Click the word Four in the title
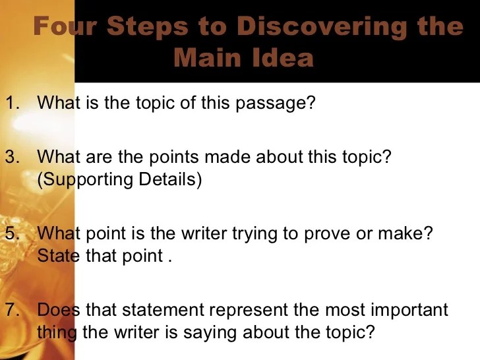click(65, 26)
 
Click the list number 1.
click(13, 103)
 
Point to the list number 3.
click(13, 157)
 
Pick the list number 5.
click(13, 233)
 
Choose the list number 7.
click(13, 309)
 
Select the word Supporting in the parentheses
click(87, 180)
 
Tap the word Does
click(59, 309)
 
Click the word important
click(409, 311)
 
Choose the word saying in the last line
click(210, 334)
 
